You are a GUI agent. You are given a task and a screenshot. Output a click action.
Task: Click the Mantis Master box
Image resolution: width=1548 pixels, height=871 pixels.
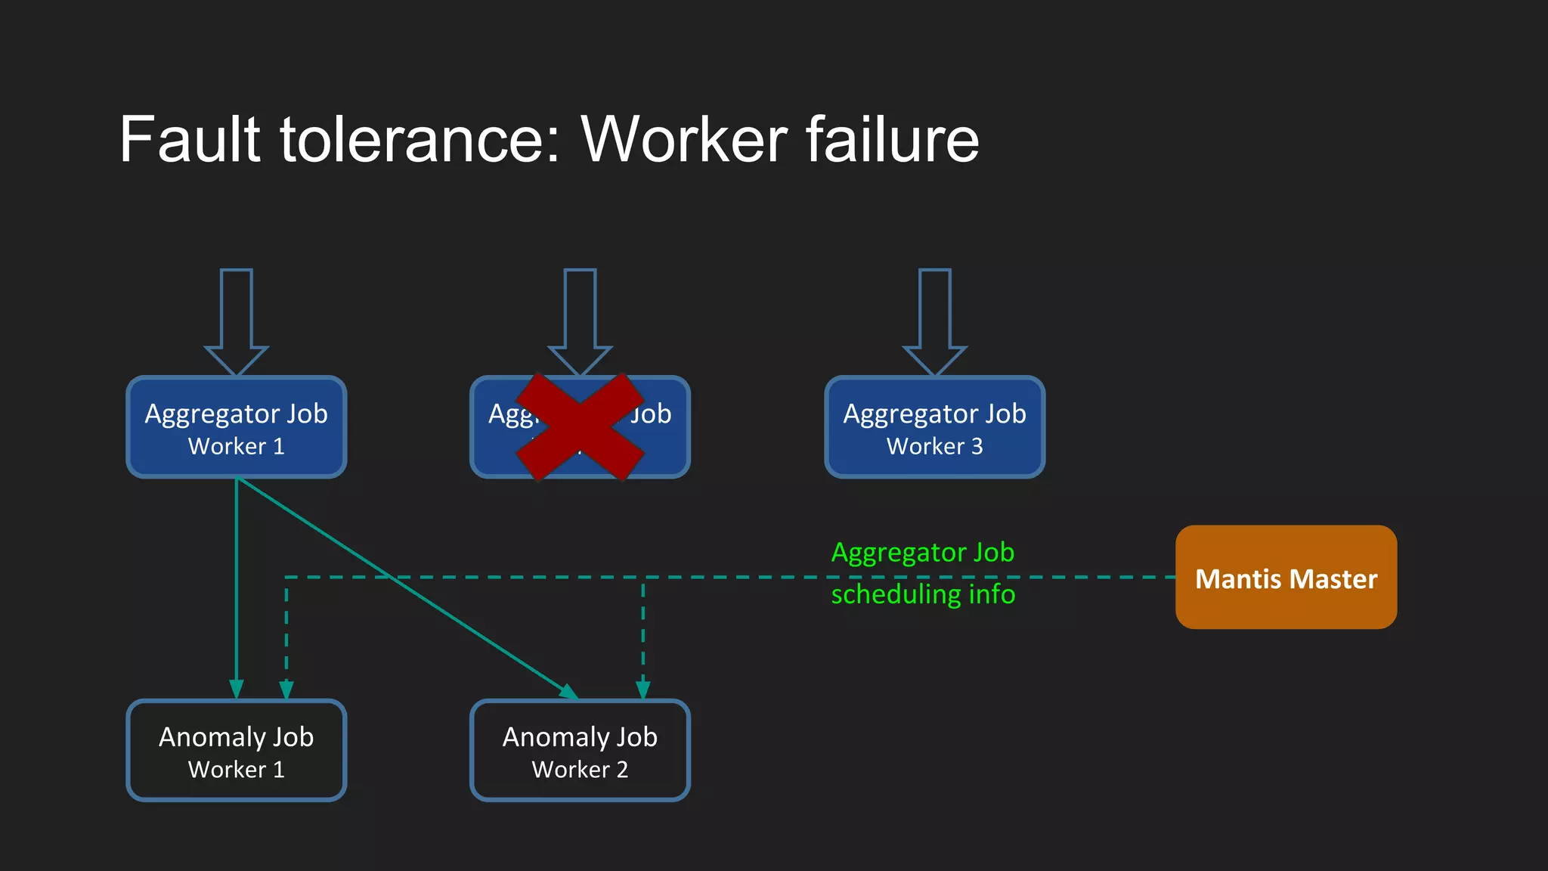[1286, 578]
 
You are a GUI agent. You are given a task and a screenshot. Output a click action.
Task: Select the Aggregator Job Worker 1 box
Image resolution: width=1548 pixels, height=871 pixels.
[237, 427]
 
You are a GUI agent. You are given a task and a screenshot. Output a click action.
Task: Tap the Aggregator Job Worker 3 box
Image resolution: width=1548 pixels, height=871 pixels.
[934, 427]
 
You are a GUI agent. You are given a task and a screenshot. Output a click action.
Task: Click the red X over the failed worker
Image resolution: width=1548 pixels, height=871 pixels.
[580, 427]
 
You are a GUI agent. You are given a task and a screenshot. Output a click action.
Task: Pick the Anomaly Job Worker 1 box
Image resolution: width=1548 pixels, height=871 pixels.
[237, 750]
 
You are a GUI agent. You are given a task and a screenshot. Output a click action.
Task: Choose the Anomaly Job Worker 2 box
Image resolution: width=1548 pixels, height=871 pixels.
[580, 750]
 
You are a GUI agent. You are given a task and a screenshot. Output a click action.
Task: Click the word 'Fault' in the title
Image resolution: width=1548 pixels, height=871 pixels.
[190, 140]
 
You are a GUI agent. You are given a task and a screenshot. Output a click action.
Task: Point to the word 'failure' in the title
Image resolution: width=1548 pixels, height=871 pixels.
[892, 140]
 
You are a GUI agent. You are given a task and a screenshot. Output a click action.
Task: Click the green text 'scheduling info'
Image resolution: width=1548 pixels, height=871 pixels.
[923, 594]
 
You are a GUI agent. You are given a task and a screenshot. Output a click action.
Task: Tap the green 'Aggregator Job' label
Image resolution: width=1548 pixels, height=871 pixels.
[923, 553]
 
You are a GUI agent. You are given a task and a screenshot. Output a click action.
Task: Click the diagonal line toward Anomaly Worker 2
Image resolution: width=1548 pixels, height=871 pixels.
[408, 587]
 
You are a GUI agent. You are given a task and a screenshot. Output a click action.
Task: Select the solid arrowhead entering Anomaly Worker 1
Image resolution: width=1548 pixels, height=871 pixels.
[237, 689]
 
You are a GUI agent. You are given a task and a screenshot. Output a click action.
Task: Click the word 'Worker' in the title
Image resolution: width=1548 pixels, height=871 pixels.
[685, 140]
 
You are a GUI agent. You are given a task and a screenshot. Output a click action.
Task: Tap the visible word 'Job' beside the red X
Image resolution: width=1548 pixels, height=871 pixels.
[651, 414]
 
